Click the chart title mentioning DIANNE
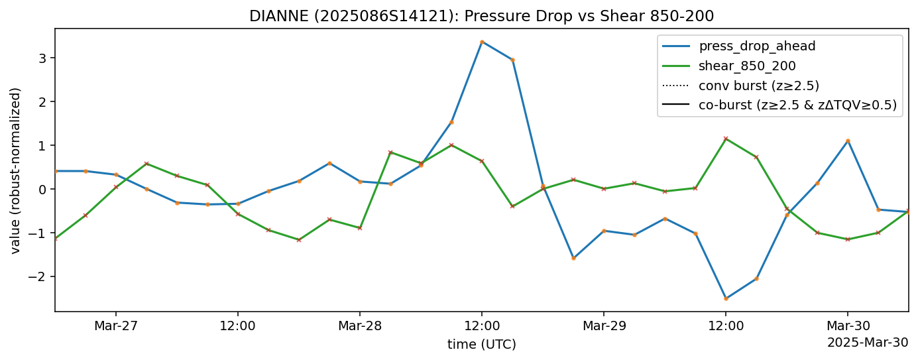click(x=481, y=16)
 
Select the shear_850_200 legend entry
click(x=747, y=66)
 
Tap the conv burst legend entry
click(x=759, y=85)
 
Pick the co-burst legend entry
click(x=797, y=104)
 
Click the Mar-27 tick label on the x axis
click(x=115, y=326)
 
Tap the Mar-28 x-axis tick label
click(x=359, y=326)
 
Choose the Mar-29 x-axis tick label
click(x=603, y=326)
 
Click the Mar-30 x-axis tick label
click(x=847, y=326)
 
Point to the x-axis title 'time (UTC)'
click(x=481, y=344)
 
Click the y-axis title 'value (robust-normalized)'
click(x=15, y=170)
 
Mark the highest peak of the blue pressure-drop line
click(x=482, y=42)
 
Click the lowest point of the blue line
click(x=726, y=298)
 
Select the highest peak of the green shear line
click(x=726, y=139)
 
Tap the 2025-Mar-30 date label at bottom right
click(x=867, y=342)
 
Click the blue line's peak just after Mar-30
click(x=848, y=141)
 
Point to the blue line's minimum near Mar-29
click(x=573, y=258)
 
